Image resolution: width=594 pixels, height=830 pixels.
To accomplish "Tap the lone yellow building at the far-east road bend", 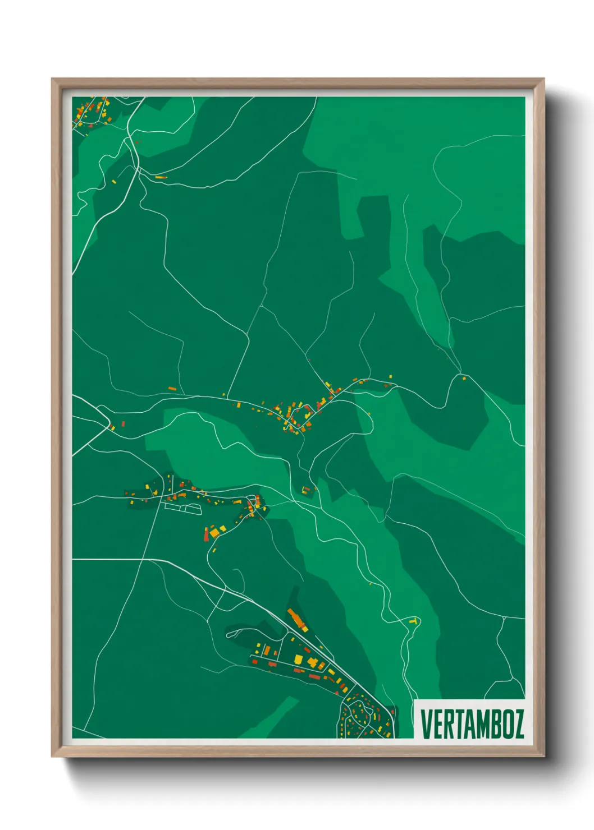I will pyautogui.click(x=464, y=379).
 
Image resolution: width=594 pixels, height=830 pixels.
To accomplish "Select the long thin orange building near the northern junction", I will pyautogui.click(x=161, y=177).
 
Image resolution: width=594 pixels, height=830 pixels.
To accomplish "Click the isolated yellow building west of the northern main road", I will pyautogui.click(x=114, y=181).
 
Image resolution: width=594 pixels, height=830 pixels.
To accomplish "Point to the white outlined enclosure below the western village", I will pyautogui.click(x=183, y=508).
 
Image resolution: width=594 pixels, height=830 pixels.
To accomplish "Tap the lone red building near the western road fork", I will pyautogui.click(x=122, y=423).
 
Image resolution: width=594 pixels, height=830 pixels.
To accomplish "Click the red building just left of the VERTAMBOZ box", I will pyautogui.click(x=392, y=713).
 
